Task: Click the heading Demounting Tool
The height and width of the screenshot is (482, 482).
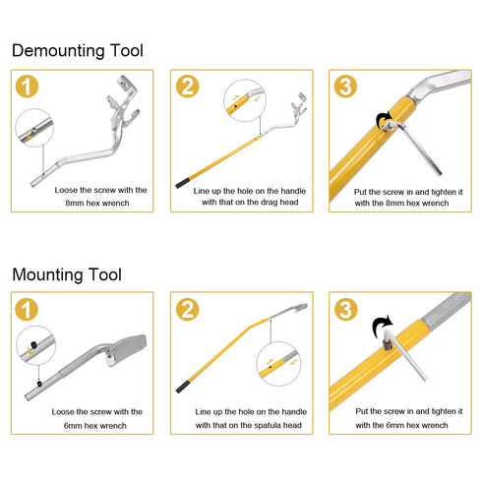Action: click(x=77, y=49)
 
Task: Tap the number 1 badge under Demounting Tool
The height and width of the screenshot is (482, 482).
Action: click(x=30, y=88)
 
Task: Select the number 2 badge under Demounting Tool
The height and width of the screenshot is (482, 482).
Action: click(x=187, y=88)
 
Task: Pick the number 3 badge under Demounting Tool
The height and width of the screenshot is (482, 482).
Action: click(x=345, y=88)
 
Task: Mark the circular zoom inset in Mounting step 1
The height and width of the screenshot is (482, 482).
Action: click(x=35, y=344)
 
